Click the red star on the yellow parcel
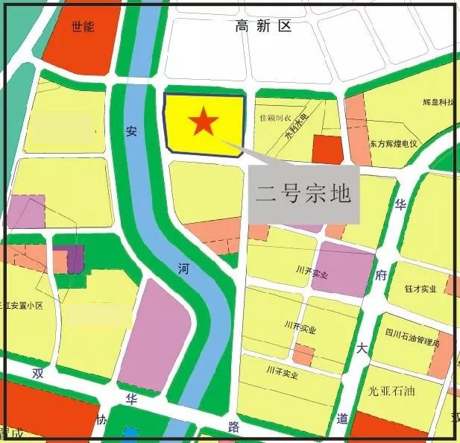tap(203, 122)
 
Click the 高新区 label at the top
tap(263, 27)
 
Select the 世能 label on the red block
tap(83, 27)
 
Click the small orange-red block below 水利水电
tap(327, 149)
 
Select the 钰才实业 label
tap(420, 289)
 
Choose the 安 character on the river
tap(131, 131)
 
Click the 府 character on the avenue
tap(381, 274)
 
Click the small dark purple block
tap(75, 258)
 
